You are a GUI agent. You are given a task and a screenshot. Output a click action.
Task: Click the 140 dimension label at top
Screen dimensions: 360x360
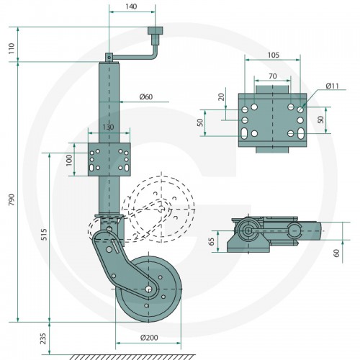[131, 6]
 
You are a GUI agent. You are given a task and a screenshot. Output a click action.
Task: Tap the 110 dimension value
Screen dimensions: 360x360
[12, 48]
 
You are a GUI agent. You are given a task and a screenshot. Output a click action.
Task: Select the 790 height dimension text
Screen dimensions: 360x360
[12, 199]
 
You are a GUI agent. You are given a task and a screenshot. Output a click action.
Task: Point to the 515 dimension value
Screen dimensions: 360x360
[44, 234]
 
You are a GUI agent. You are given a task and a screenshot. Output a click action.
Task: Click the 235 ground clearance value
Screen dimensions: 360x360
[43, 338]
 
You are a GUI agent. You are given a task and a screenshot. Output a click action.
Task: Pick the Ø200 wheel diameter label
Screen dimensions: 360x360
[149, 338]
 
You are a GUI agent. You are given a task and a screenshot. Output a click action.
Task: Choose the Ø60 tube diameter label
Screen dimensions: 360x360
[146, 96]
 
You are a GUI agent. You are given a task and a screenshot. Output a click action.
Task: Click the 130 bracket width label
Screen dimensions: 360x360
[108, 127]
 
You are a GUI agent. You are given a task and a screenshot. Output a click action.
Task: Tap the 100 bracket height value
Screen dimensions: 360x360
[69, 160]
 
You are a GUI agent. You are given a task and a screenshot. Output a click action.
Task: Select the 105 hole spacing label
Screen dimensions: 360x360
[274, 55]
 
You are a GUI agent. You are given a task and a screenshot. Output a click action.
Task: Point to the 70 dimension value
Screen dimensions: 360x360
[273, 76]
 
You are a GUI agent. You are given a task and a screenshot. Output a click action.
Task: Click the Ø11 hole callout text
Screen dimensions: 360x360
[332, 86]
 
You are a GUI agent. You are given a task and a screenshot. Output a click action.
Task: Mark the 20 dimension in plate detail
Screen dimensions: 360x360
[222, 96]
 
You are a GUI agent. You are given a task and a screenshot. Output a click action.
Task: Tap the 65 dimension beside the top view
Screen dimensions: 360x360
[212, 241]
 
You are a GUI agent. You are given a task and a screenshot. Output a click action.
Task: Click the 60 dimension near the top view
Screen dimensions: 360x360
[337, 253]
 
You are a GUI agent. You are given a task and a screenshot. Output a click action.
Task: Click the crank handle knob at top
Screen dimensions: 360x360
[156, 30]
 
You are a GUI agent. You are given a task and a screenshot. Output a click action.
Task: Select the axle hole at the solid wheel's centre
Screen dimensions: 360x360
[149, 289]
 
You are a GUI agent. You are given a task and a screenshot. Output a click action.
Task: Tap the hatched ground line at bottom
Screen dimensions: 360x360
[131, 357]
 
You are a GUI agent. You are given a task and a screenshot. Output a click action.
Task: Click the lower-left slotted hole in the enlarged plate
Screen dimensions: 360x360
[245, 133]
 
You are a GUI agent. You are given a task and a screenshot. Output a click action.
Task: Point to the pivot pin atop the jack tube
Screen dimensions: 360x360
[109, 58]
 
